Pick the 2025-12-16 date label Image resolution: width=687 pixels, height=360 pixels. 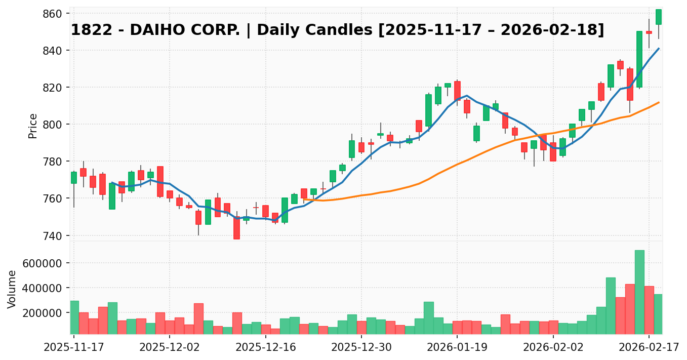(x=265, y=349)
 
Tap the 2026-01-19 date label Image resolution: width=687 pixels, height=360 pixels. (x=457, y=349)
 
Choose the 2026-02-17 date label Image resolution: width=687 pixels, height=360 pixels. (x=649, y=349)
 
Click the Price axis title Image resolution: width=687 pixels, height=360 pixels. (x=33, y=126)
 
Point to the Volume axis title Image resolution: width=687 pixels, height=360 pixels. (x=13, y=289)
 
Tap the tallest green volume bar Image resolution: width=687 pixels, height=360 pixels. (x=639, y=292)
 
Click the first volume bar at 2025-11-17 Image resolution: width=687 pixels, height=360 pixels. (x=74, y=317)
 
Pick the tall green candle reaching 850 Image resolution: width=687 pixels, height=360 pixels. (x=639, y=59)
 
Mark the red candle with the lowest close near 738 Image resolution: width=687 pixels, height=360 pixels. (x=236, y=228)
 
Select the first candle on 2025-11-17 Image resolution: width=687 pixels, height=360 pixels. (x=74, y=178)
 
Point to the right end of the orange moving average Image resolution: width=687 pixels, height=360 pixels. (x=659, y=102)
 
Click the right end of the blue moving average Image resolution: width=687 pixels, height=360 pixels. (x=659, y=49)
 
